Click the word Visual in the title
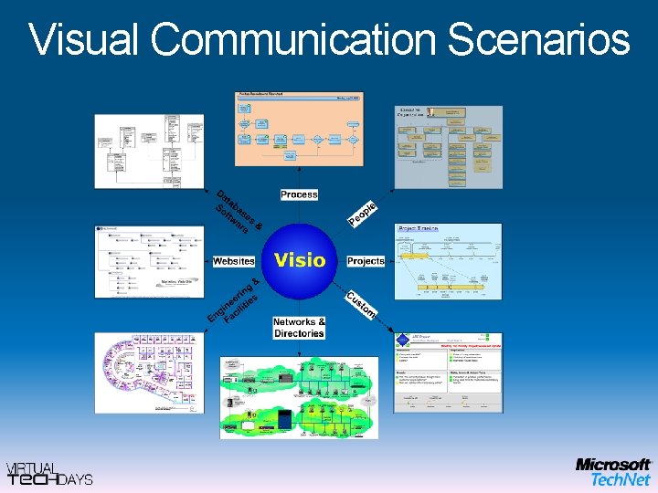coord(84,40)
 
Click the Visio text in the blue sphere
coord(300,259)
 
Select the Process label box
coord(299,194)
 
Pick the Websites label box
coord(233,261)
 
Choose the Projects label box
coord(366,261)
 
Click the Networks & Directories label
coord(299,328)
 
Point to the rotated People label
coord(363,213)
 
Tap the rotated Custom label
coord(361,305)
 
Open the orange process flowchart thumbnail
coord(299,131)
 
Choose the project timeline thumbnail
coord(448,261)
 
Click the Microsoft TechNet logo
coord(612,471)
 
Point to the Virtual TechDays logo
coord(49,473)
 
